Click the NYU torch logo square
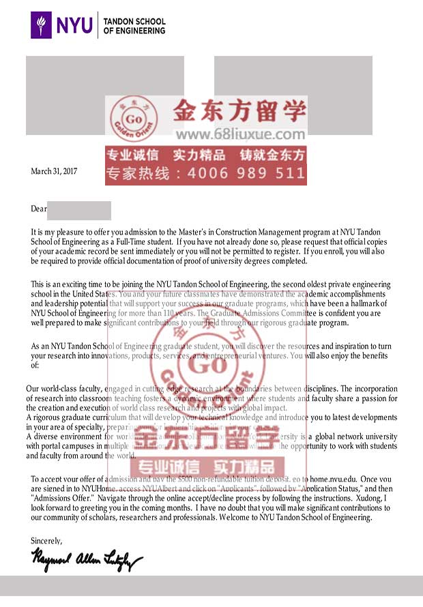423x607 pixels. point(42,25)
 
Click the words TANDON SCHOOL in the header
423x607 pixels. point(134,21)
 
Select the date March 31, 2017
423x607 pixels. point(54,172)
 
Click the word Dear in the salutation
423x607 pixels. point(38,209)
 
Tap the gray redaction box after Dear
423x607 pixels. point(79,210)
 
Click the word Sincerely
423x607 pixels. point(46,541)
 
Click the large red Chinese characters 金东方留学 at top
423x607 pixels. point(239,110)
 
